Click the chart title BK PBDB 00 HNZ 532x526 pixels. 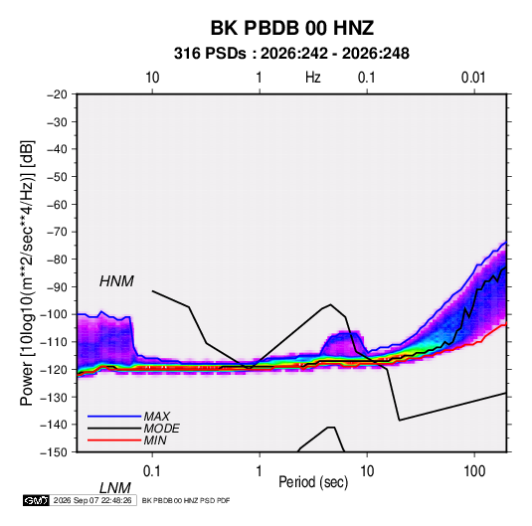[291, 28]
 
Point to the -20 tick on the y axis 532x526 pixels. [58, 94]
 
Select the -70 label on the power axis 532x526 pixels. [58, 232]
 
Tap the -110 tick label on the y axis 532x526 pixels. [54, 342]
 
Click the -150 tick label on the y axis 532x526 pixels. [54, 452]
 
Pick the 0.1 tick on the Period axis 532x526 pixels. [152, 471]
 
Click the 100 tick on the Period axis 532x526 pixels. [474, 471]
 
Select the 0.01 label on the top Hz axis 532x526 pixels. [473, 78]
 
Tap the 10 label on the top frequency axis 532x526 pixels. [152, 78]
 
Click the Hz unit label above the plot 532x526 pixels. [313, 78]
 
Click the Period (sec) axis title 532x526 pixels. [313, 482]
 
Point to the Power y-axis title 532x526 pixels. [27, 273]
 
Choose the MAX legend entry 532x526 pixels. [157, 417]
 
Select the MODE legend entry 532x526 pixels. [161, 429]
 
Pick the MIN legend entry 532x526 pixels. [155, 440]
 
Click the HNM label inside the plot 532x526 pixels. [116, 281]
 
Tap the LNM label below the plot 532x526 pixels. [114, 488]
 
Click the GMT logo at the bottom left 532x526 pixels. [36, 500]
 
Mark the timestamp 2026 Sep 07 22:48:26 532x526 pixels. [92, 500]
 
